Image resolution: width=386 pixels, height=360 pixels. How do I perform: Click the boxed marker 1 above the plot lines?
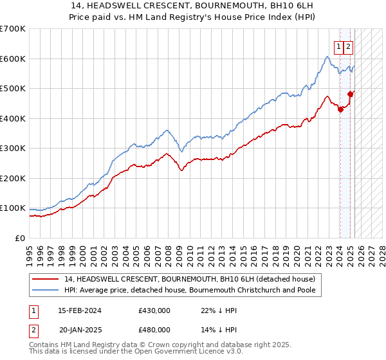(338, 46)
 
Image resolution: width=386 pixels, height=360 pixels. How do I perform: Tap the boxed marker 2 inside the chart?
(348, 46)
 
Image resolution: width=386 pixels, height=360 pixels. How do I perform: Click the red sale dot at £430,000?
(340, 109)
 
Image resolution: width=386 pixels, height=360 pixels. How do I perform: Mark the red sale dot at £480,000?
(350, 94)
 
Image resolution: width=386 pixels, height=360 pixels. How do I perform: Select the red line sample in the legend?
(46, 280)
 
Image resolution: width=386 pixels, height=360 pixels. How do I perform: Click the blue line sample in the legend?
(46, 291)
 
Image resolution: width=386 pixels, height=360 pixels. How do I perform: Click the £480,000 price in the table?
(154, 330)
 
